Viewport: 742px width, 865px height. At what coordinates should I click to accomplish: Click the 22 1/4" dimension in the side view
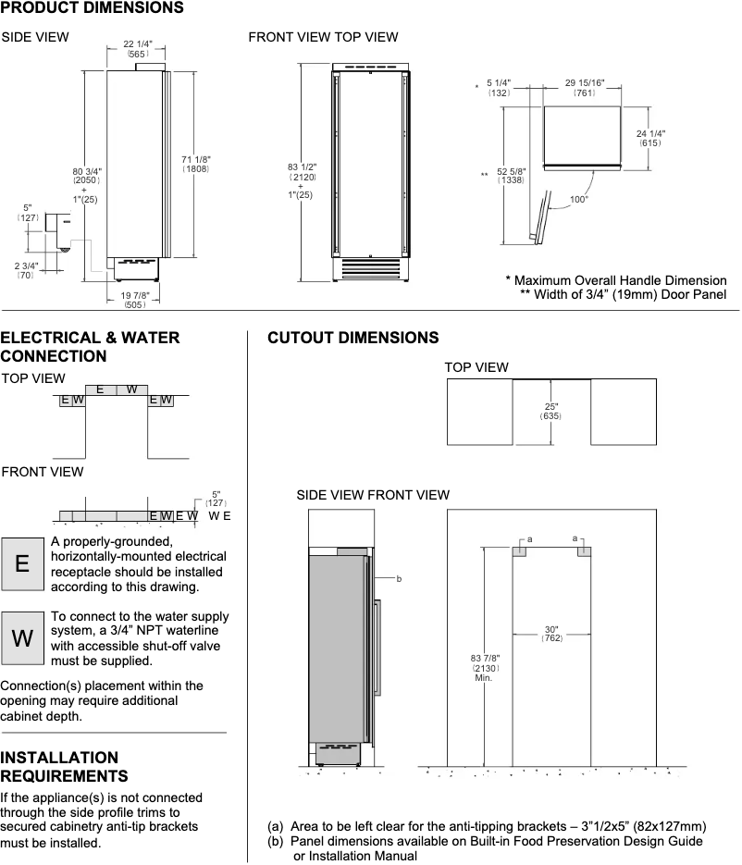pyautogui.click(x=137, y=44)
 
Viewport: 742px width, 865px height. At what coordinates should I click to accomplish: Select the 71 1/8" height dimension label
pyautogui.click(x=195, y=164)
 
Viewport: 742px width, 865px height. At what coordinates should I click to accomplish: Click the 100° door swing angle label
pyautogui.click(x=579, y=199)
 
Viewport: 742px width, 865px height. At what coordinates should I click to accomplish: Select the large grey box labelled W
pyautogui.click(x=22, y=637)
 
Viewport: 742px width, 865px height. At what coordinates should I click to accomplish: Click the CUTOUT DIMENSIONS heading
pyautogui.click(x=352, y=338)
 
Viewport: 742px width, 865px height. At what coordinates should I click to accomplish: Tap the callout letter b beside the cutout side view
pyautogui.click(x=399, y=579)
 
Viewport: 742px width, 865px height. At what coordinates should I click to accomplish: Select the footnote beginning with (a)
pyautogui.click(x=487, y=826)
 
